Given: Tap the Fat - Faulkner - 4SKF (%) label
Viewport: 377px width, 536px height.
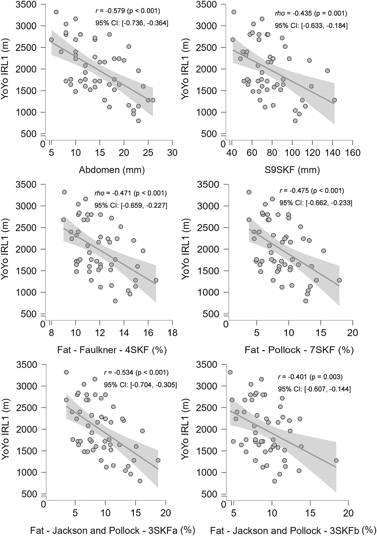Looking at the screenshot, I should click(x=112, y=350).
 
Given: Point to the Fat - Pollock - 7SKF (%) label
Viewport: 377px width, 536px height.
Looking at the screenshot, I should click(x=299, y=350).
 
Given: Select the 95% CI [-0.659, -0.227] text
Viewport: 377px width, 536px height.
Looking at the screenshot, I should click(x=131, y=205).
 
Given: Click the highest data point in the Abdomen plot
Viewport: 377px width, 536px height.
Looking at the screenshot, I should click(x=56, y=12).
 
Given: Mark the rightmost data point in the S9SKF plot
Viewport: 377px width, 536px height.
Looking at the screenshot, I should click(x=334, y=100).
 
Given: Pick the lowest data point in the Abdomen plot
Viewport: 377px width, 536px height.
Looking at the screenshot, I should click(x=138, y=121).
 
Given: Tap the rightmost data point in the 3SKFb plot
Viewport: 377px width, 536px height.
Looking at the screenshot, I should click(x=336, y=460).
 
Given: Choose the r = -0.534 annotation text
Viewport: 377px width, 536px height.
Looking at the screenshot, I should click(x=136, y=372).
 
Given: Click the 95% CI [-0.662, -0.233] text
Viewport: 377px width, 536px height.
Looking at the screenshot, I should click(x=316, y=203).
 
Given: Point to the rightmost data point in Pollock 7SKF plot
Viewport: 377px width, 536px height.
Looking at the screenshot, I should click(x=339, y=280).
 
